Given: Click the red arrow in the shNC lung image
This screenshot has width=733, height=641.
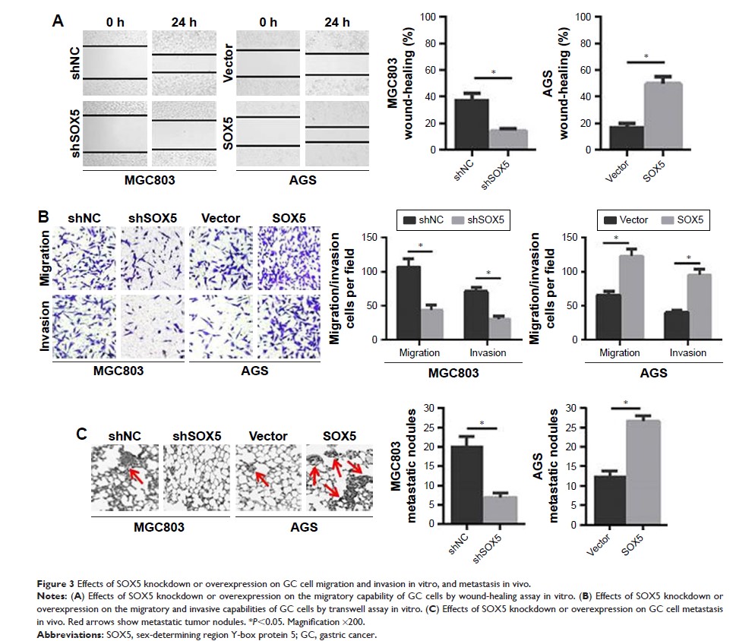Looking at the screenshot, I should coord(137,474).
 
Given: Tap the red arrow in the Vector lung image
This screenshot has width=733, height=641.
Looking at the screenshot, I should coord(261,478).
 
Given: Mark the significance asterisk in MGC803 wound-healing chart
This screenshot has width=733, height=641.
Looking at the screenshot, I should coord(494,72).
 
